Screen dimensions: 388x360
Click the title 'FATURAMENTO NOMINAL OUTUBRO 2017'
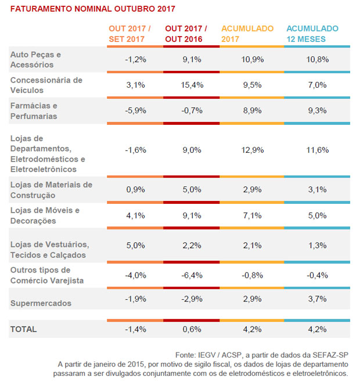[x=92, y=10]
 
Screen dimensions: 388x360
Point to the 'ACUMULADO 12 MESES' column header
[x=312, y=34]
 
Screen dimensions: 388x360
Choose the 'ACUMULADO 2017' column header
[x=247, y=34]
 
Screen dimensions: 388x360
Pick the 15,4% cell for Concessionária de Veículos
[x=192, y=85]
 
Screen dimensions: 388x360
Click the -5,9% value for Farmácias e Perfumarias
[x=135, y=111]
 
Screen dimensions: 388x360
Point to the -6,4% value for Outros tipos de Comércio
[x=192, y=275]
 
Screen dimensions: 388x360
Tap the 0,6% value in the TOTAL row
[x=192, y=329]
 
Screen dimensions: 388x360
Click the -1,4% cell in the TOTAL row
[x=135, y=329]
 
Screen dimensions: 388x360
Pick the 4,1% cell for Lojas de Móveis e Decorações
[x=135, y=215]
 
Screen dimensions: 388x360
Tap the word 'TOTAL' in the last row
[x=24, y=329]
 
